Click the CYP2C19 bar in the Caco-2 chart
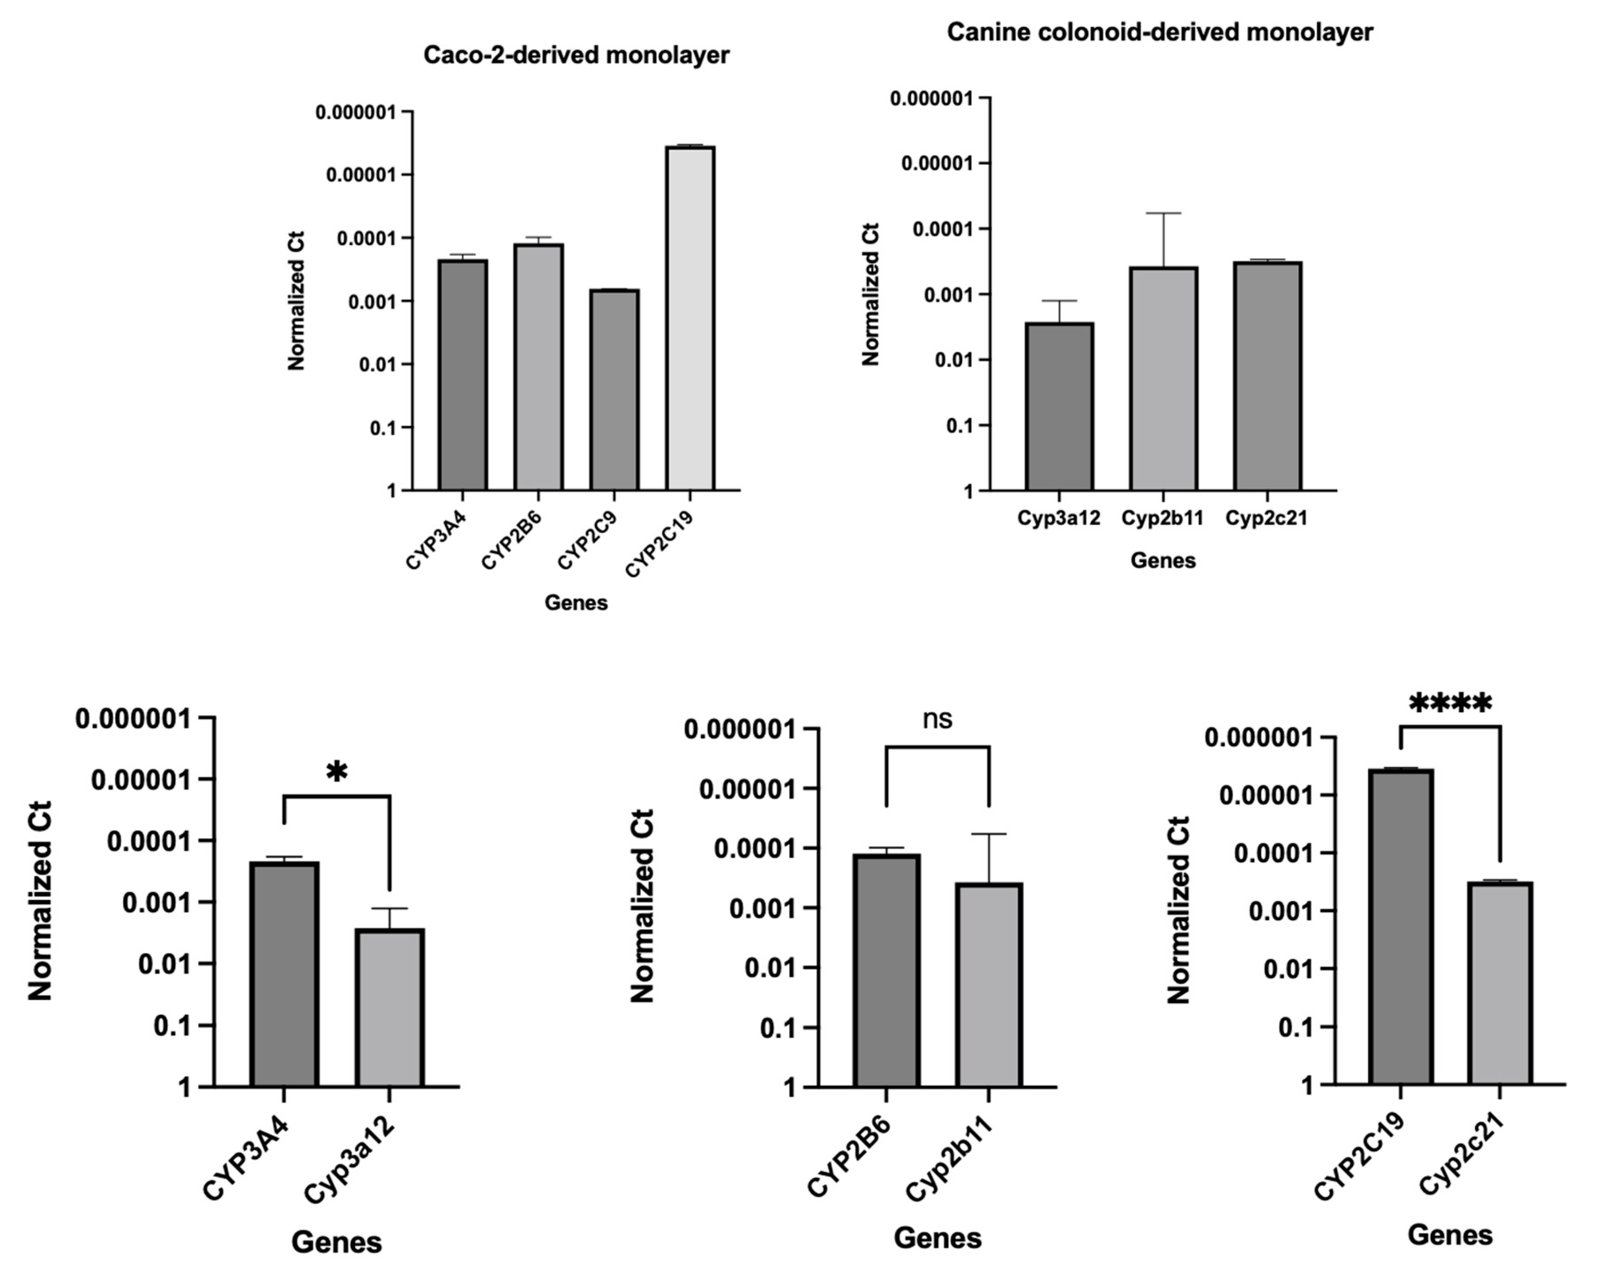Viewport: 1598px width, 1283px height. click(x=690, y=319)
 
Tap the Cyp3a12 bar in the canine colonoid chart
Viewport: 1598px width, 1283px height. click(x=1059, y=407)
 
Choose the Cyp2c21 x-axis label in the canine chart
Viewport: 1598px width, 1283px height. click(x=1266, y=518)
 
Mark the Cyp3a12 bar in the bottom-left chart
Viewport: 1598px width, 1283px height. click(x=389, y=1008)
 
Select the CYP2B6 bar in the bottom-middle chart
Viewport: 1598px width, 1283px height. click(x=886, y=971)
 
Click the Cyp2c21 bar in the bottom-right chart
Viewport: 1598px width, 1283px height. click(x=1500, y=983)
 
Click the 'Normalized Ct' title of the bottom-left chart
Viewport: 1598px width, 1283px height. click(x=40, y=900)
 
